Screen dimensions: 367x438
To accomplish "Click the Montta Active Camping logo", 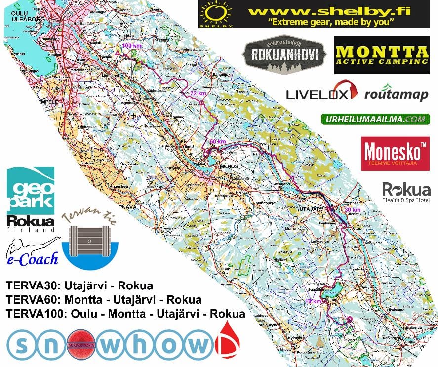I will coord(381,55).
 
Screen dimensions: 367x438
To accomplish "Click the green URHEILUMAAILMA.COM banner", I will coord(375,119).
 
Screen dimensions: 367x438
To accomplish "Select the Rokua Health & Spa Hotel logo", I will coord(406,192).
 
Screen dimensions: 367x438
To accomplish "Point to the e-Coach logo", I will coord(32,252).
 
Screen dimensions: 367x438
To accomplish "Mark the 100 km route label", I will coord(130,45).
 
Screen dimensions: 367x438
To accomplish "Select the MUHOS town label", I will coord(226,166).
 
